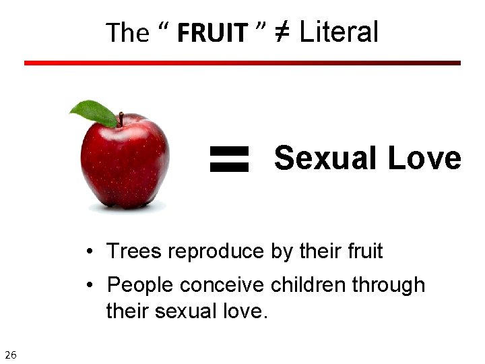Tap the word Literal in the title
point(339,32)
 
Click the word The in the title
point(128,33)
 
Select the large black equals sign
point(229,160)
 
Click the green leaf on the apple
point(94,113)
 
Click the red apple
point(125,165)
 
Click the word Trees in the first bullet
point(134,251)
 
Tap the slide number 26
point(11,355)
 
